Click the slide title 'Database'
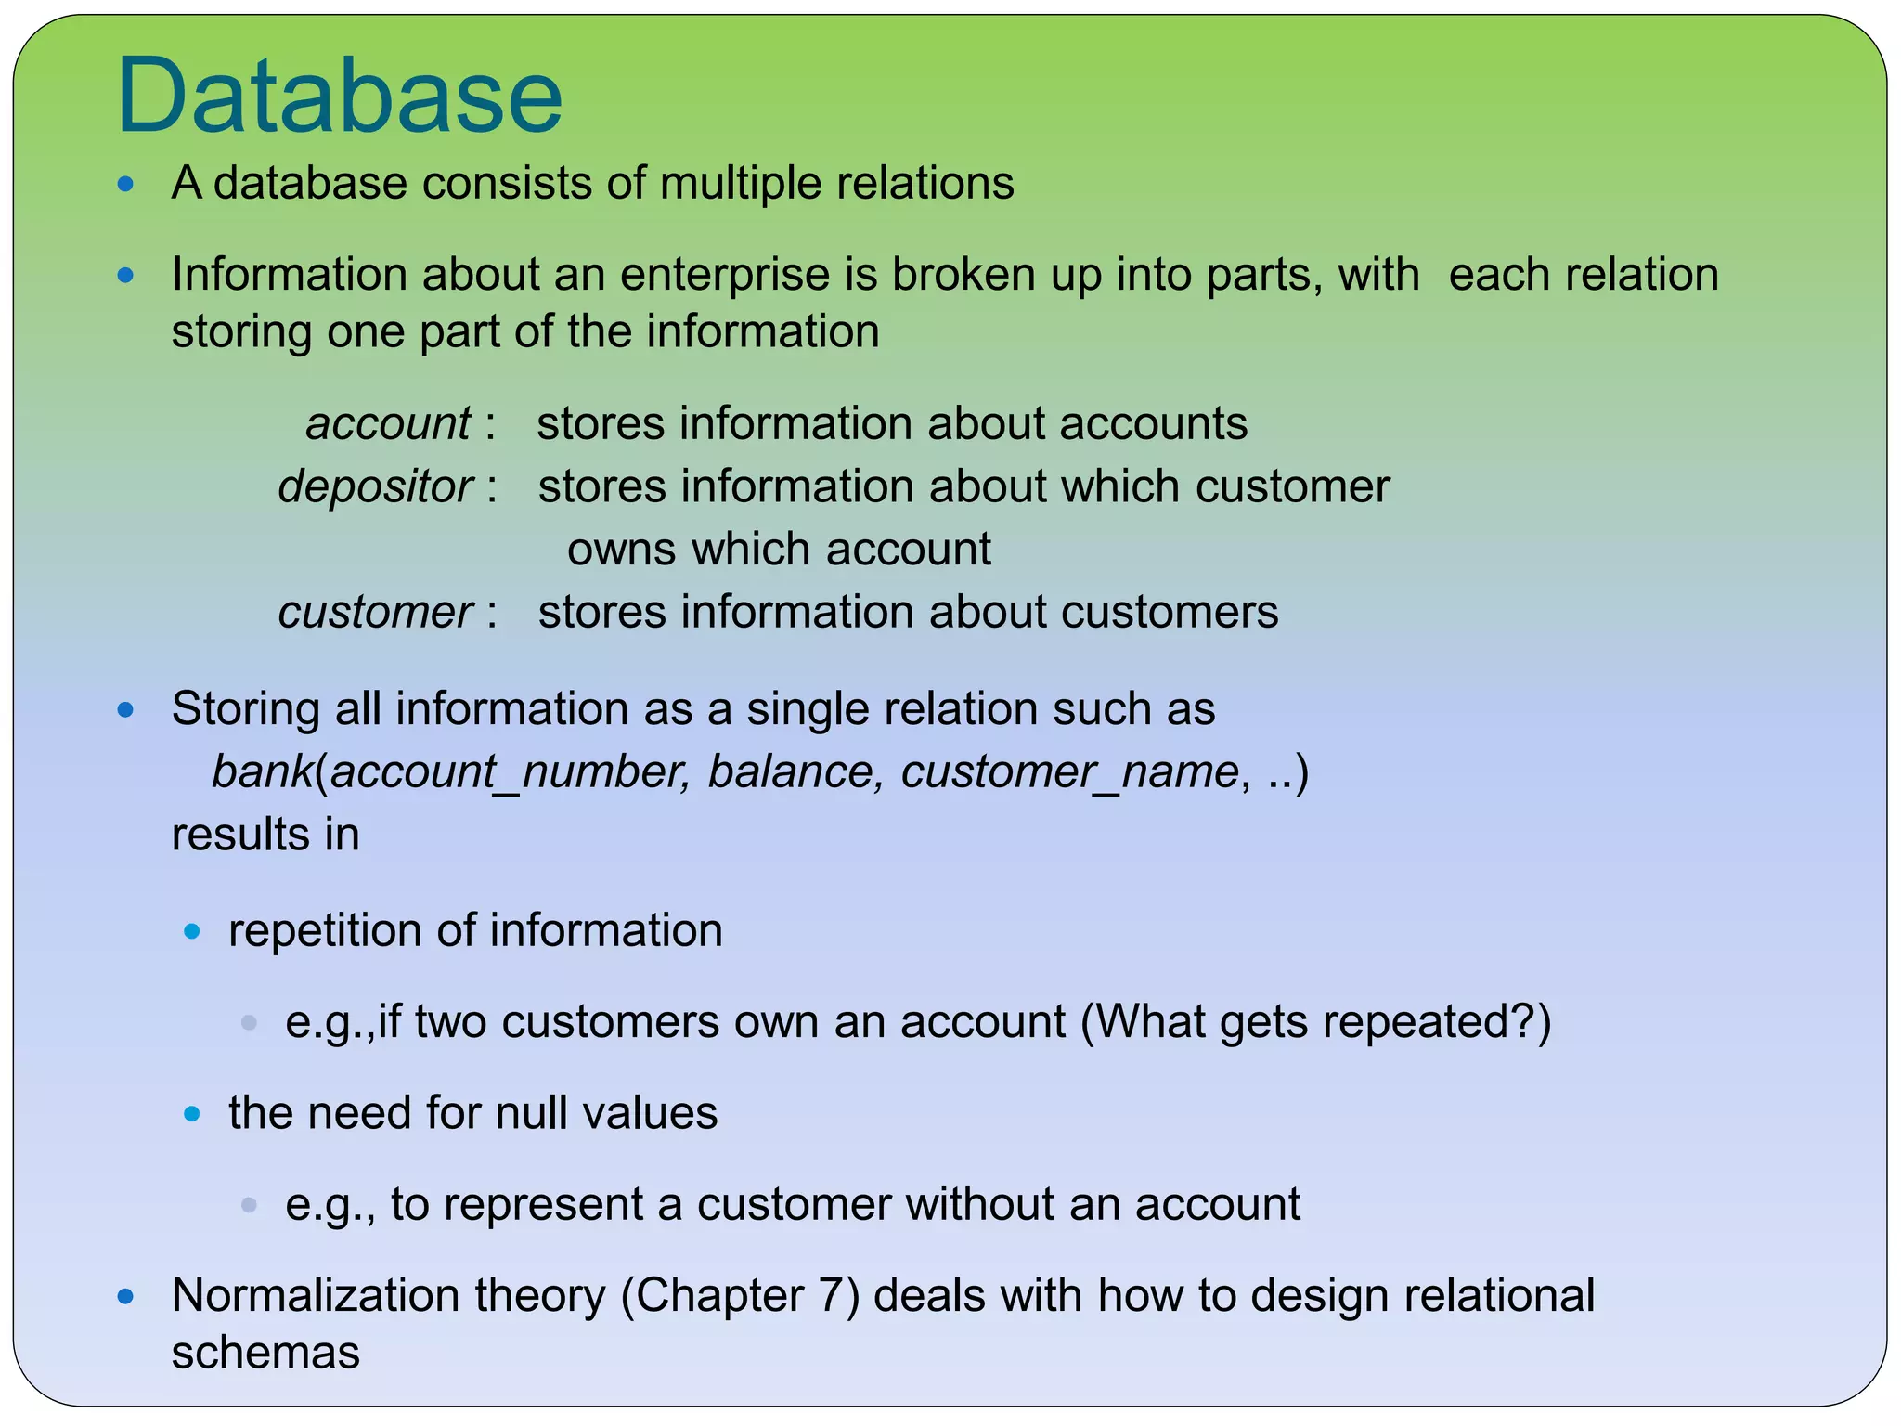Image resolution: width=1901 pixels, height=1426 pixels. point(339,97)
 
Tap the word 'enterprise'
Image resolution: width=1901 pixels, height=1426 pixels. point(747,276)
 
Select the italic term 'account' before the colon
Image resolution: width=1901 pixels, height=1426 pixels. point(388,424)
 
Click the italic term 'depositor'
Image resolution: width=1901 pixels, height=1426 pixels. point(376,487)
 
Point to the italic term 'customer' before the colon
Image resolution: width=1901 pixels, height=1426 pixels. point(376,613)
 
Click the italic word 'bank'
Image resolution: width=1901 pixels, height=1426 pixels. point(262,772)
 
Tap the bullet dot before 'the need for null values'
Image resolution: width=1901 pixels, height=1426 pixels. point(192,1114)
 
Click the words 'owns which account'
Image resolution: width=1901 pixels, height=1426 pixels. point(779,550)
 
